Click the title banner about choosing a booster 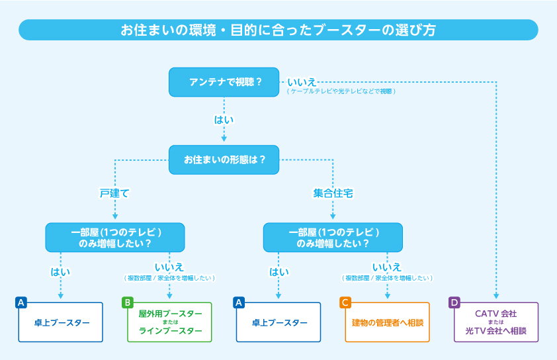pyautogui.click(x=278, y=30)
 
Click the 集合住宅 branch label pyautogui.click(x=333, y=193)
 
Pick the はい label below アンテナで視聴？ pyautogui.click(x=224, y=120)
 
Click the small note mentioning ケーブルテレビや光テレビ pyautogui.click(x=341, y=91)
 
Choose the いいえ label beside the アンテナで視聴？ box pyautogui.click(x=302, y=82)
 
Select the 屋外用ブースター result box pyautogui.click(x=170, y=322)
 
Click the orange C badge pyautogui.click(x=345, y=302)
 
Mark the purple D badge pyautogui.click(x=454, y=302)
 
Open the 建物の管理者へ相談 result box pyautogui.click(x=387, y=322)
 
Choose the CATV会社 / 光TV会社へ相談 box pyautogui.click(x=496, y=322)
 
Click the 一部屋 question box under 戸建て pyautogui.click(x=115, y=238)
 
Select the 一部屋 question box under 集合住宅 pyautogui.click(x=333, y=238)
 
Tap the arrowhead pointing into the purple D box pyautogui.click(x=496, y=297)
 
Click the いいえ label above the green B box pyautogui.click(x=169, y=267)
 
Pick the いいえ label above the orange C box pyautogui.click(x=387, y=267)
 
